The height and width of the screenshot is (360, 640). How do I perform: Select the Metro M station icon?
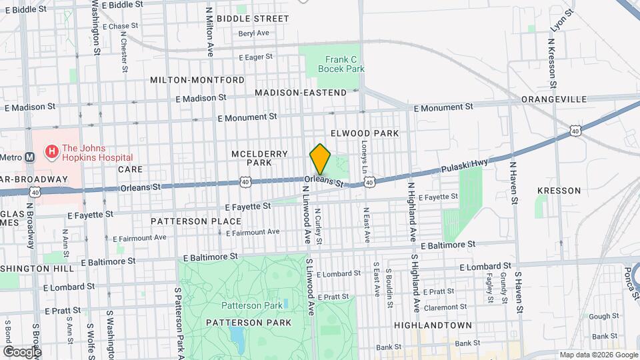pos(29,157)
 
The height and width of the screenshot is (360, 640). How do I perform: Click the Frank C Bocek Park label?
pos(341,63)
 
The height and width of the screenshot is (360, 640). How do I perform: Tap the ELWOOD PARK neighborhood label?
pos(365,133)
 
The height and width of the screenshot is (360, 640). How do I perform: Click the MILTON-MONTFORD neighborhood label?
pos(197,79)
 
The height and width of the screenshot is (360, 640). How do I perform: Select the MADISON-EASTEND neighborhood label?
pos(301,93)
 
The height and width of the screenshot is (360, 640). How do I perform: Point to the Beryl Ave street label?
pos(253,33)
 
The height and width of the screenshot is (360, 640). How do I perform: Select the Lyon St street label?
pos(561,22)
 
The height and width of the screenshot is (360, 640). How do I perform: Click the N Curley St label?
pos(319,225)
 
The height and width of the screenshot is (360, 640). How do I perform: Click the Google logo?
pos(21,351)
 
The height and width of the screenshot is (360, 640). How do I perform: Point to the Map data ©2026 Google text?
pos(598,355)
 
